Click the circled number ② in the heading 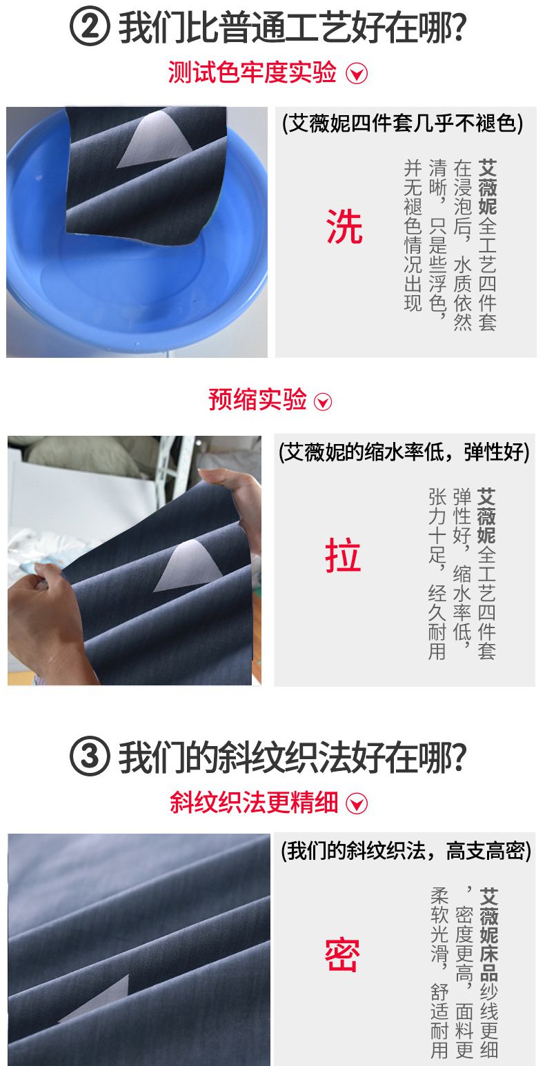tap(90, 27)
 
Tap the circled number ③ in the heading tap(90, 756)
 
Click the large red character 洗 tap(345, 227)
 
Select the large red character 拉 tap(343, 555)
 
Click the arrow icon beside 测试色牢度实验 tap(357, 73)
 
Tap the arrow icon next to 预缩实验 tap(323, 402)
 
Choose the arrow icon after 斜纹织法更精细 tap(357, 804)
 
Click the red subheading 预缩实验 tap(257, 400)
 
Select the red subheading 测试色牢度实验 tap(252, 72)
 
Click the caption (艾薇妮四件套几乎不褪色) tap(403, 123)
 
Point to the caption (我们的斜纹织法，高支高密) tap(406, 851)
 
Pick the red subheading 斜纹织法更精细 tap(254, 803)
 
